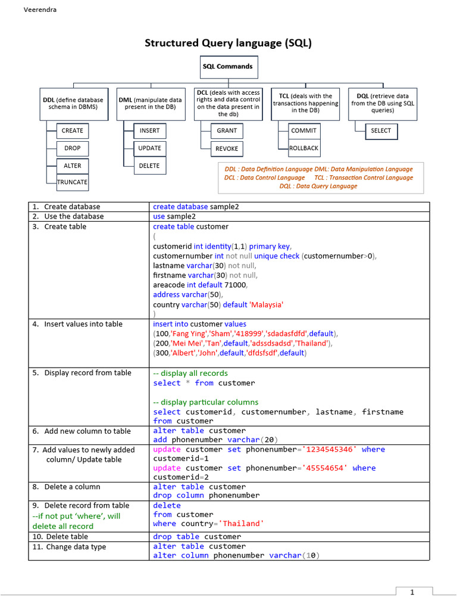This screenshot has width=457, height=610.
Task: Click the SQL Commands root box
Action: tap(227, 67)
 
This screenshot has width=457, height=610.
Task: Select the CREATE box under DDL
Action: tap(73, 130)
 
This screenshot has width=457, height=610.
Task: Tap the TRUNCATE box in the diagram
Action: tap(73, 182)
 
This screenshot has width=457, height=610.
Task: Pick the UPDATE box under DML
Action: tap(149, 148)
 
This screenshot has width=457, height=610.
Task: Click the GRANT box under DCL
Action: tap(227, 130)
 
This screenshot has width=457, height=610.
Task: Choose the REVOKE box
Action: tap(227, 148)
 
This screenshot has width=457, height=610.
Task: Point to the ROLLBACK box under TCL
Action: tap(304, 148)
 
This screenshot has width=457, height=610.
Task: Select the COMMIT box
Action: tap(304, 130)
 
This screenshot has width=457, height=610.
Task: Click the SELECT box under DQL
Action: tap(381, 130)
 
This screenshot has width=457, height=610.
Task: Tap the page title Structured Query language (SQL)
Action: tap(228, 43)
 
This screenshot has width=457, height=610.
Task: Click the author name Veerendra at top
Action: tap(40, 10)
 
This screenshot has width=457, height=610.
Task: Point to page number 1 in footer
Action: tap(411, 592)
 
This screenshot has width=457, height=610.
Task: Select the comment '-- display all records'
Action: tap(190, 374)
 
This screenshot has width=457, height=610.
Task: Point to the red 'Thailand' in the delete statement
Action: tap(241, 524)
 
